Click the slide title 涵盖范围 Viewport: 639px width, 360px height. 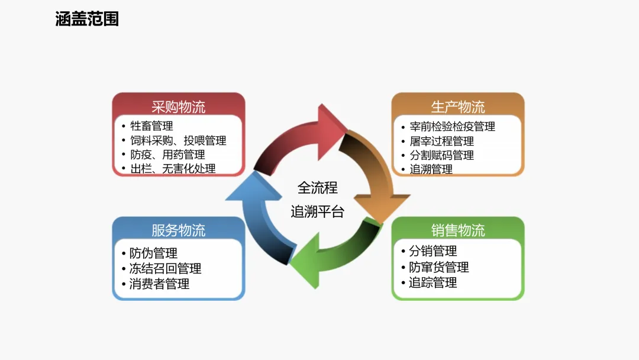(x=87, y=19)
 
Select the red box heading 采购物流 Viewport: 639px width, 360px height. (x=178, y=107)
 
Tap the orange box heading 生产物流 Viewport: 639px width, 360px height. (x=457, y=107)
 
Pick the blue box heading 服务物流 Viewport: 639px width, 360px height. (x=178, y=230)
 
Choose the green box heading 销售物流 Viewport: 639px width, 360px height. (x=457, y=230)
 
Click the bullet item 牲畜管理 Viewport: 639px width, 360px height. (x=151, y=126)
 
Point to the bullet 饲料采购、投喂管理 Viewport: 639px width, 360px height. (x=178, y=140)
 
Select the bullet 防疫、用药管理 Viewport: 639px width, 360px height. (x=167, y=155)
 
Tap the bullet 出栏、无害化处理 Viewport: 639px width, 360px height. (x=173, y=169)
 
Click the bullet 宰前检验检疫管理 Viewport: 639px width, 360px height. (x=452, y=127)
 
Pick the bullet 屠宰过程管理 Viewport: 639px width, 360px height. (x=441, y=141)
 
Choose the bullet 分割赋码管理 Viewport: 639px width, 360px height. (x=441, y=155)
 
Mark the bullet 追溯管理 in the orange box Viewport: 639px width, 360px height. (x=431, y=169)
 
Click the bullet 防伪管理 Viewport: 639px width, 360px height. (x=153, y=253)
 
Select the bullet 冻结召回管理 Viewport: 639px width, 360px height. (x=165, y=268)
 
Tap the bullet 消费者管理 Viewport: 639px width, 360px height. (x=159, y=284)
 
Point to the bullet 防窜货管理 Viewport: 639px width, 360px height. (x=438, y=267)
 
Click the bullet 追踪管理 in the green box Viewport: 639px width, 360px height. (x=433, y=282)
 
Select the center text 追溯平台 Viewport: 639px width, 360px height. (x=317, y=212)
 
